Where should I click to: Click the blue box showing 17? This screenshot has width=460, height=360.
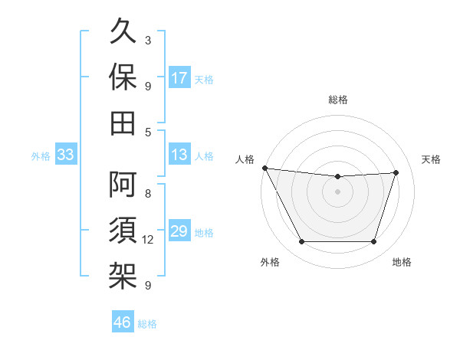(179, 78)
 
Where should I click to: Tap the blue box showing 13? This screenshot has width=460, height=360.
(179, 155)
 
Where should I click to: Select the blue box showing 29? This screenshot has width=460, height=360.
(179, 231)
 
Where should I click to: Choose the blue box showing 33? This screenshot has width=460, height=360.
(65, 155)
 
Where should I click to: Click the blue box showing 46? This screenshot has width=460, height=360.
(123, 322)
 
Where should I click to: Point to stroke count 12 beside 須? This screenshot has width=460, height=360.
(148, 240)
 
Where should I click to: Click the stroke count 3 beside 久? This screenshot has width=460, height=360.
(148, 40)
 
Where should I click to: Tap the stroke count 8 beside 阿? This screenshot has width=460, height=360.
(148, 194)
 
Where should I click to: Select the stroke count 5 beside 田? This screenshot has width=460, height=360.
(148, 132)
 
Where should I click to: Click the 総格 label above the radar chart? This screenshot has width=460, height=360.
(337, 100)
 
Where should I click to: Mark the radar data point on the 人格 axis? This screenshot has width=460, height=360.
(264, 168)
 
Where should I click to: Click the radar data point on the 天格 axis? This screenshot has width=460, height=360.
(396, 172)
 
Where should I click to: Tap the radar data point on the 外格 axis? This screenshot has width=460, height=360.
(301, 242)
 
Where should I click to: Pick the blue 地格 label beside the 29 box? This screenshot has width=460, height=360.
(204, 232)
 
